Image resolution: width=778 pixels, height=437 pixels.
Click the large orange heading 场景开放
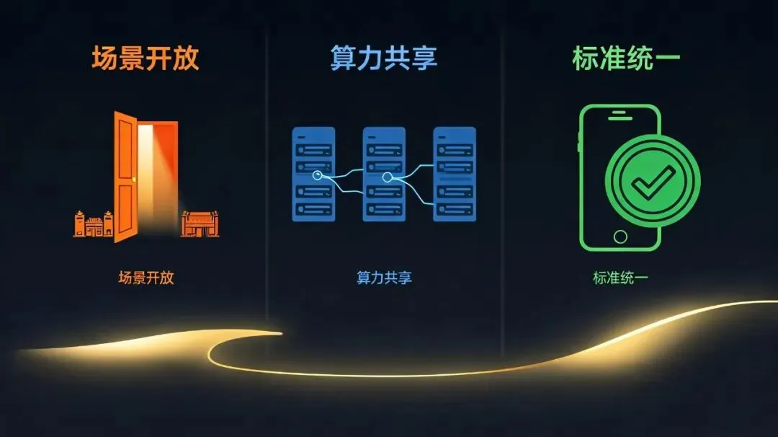click(146, 58)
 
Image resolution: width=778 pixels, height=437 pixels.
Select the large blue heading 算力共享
click(383, 58)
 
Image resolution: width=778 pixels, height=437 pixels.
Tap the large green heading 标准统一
click(626, 58)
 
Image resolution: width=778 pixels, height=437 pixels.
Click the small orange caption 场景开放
click(146, 278)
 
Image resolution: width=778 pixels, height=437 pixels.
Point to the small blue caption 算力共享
click(385, 278)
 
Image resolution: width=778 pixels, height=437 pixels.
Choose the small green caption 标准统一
click(620, 278)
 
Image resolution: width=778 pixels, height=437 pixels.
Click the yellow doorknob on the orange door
click(133, 180)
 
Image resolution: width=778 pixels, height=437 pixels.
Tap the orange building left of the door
click(93, 224)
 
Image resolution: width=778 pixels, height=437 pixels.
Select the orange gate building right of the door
click(200, 224)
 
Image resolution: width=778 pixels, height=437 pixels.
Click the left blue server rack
click(313, 174)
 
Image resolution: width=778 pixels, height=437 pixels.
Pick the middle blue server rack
click(384, 174)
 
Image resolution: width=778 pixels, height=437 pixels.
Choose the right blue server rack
click(455, 174)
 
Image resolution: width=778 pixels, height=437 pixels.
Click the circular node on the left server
click(317, 175)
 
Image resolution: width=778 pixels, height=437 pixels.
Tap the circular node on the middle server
click(388, 177)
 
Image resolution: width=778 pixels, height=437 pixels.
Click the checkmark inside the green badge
click(653, 182)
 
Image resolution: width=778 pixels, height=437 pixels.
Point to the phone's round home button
click(620, 237)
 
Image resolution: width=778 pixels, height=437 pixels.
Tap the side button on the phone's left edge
click(579, 141)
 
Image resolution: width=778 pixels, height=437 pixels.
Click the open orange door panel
click(125, 176)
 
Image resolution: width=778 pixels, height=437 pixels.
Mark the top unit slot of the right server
click(455, 149)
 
